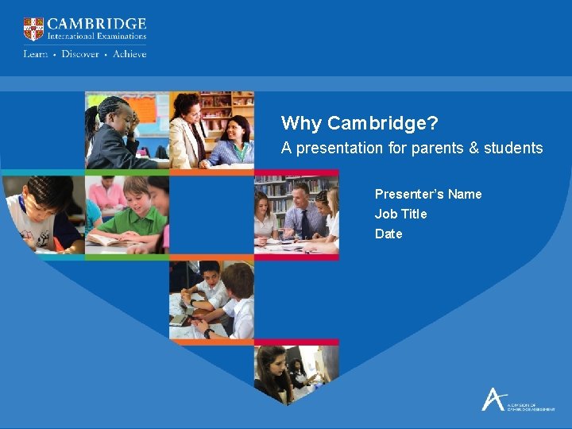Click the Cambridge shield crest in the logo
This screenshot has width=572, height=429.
(x=33, y=29)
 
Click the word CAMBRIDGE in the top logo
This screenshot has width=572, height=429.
(x=97, y=24)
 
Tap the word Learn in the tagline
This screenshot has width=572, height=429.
(x=36, y=54)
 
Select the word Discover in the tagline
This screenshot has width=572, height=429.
(x=80, y=54)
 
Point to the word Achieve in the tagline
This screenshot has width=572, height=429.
(x=129, y=54)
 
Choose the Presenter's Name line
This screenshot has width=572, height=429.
(x=428, y=194)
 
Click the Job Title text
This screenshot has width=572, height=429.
(x=400, y=214)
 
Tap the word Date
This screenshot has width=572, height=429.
(x=388, y=234)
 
